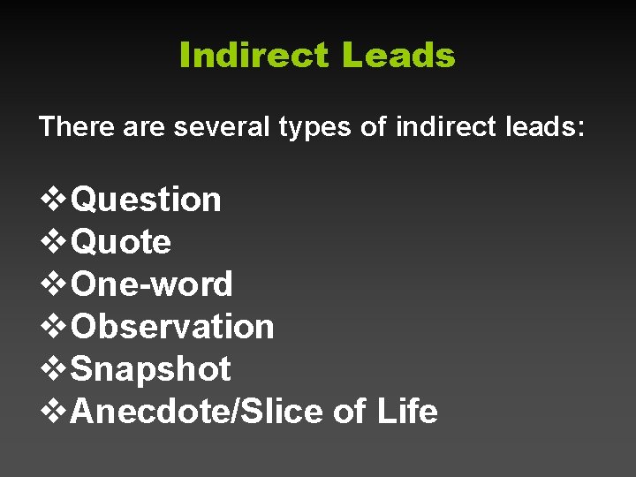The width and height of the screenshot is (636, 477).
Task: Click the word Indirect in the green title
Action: point(254,56)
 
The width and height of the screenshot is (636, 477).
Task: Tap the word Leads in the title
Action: point(398,56)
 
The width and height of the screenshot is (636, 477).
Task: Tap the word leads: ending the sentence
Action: point(545,127)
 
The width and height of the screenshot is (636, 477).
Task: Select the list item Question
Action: point(146,200)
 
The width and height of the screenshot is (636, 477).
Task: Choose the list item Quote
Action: point(121,241)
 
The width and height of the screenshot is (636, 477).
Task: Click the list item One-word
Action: point(152,284)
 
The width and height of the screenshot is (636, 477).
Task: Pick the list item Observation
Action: point(172,326)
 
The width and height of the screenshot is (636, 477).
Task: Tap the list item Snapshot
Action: point(150,368)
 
